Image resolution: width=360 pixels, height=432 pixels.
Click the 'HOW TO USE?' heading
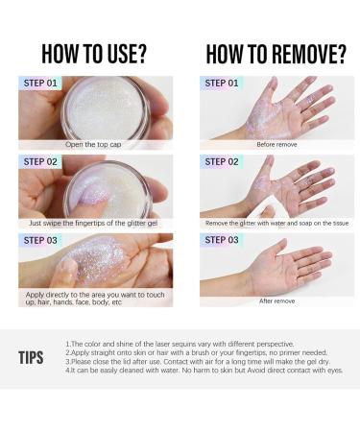pyautogui.click(x=94, y=54)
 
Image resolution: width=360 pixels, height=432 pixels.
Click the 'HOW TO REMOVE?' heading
pyautogui.click(x=276, y=54)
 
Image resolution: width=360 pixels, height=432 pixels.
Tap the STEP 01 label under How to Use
pyautogui.click(x=40, y=84)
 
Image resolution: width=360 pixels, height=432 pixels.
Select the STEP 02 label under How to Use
pyautogui.click(x=40, y=162)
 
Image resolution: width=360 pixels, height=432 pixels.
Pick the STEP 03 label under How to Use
pyautogui.click(x=40, y=240)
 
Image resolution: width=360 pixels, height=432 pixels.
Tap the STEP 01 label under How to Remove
pyautogui.click(x=222, y=84)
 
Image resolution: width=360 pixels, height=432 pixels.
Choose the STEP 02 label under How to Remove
pyautogui.click(x=222, y=162)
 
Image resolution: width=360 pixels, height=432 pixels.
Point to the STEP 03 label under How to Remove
pyautogui.click(x=222, y=240)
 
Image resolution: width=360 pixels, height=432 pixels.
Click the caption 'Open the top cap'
pyautogui.click(x=93, y=145)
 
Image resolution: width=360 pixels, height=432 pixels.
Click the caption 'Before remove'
pyautogui.click(x=276, y=145)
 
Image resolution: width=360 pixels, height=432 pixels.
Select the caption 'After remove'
pyautogui.click(x=277, y=301)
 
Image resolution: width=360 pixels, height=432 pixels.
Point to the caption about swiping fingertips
pyautogui.click(x=93, y=223)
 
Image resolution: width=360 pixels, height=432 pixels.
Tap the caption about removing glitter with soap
pyautogui.click(x=276, y=223)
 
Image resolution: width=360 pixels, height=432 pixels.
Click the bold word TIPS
pyautogui.click(x=31, y=358)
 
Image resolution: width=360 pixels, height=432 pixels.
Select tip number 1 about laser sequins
pyautogui.click(x=180, y=345)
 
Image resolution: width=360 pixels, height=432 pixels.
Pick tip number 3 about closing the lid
pyautogui.click(x=198, y=362)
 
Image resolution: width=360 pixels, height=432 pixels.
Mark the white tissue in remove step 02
pyautogui.click(x=269, y=212)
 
